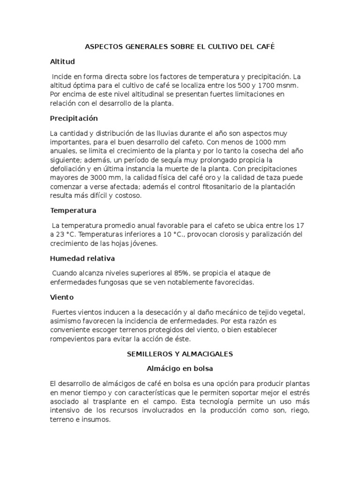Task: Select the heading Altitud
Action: (x=62, y=61)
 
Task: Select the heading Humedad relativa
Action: (x=82, y=258)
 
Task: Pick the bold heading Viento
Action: (x=62, y=297)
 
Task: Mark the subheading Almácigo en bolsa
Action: (x=180, y=368)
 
